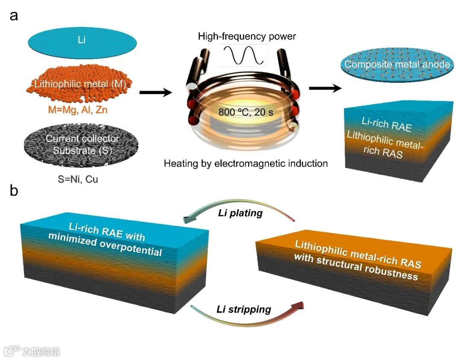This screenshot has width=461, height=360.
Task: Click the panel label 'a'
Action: (14, 16)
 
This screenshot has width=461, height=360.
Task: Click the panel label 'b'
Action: (14, 191)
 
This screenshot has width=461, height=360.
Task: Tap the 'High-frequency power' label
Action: (247, 36)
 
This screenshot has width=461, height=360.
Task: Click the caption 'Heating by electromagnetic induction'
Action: (245, 163)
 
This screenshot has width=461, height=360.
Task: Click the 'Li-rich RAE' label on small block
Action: (386, 123)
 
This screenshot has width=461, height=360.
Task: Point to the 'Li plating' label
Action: (240, 213)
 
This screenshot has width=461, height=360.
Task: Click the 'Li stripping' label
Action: (244, 308)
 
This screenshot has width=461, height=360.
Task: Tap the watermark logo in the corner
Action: (13, 351)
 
